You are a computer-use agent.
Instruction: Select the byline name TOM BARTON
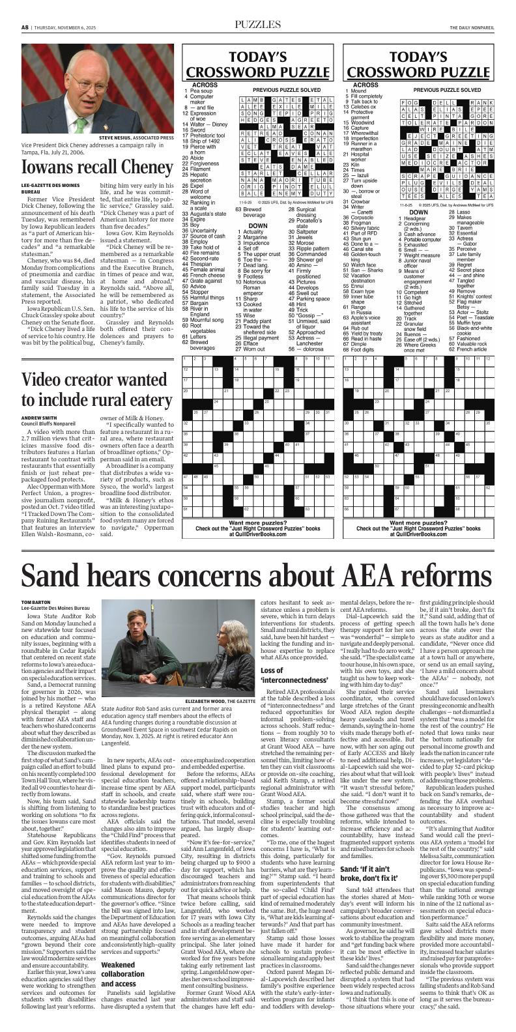pos(35,601)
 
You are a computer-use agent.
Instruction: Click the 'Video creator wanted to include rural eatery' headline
pos(96,389)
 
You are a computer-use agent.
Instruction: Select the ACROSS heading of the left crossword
pos(205,85)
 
